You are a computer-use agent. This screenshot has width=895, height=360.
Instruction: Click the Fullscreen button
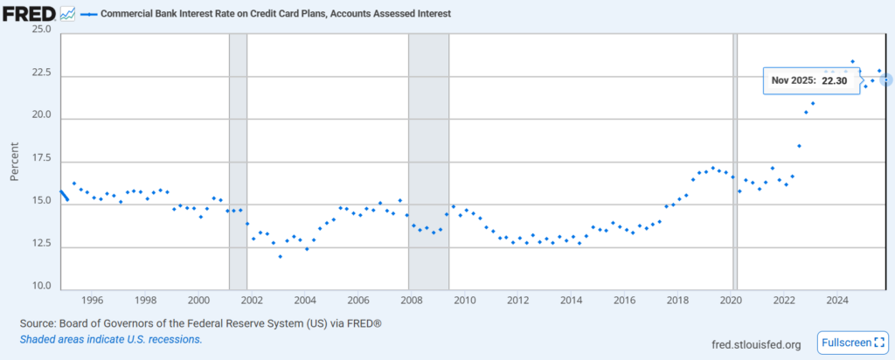(x=852, y=342)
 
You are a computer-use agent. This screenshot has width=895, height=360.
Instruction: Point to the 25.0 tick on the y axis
(x=39, y=30)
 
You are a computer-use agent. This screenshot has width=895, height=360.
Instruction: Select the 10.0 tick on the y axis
(x=39, y=287)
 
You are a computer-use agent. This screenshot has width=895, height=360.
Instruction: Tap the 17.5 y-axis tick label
(x=39, y=158)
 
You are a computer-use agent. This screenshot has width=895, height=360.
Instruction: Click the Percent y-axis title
(x=15, y=158)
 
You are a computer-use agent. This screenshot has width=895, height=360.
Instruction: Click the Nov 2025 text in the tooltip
(x=793, y=80)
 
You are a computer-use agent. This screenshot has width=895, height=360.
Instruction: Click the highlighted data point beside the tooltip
(x=886, y=80)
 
